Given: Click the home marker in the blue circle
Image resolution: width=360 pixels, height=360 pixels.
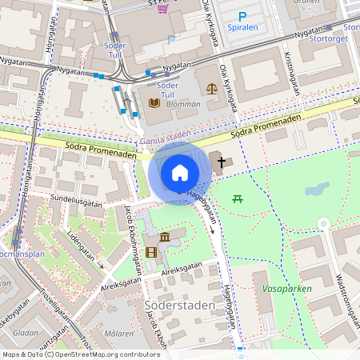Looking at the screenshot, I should pos(180,173).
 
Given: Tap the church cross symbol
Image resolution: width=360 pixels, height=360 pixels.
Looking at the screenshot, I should pos(222,162).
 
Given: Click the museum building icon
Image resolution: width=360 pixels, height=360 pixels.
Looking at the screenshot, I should pos(165,238).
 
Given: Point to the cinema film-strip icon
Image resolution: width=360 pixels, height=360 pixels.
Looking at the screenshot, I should pos(151,253).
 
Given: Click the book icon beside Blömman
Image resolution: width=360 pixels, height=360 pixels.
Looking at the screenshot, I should pos(154,102).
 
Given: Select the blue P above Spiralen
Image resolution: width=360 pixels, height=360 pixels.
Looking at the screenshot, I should pos(243,15).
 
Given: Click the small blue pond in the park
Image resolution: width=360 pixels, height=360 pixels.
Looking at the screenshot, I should pos(317,190).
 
